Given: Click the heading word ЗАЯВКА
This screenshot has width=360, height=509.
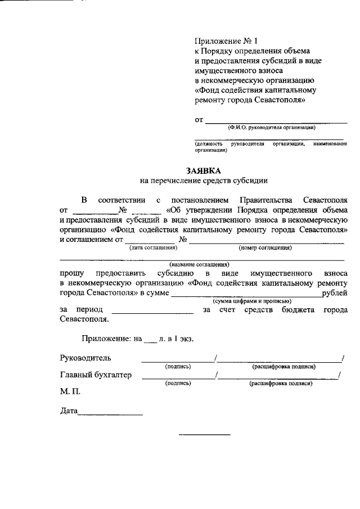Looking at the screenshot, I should pos(204,170).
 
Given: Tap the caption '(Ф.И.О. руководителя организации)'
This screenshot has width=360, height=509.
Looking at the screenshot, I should pos(272,128).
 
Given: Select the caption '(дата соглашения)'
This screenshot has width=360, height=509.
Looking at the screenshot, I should pos(150,247).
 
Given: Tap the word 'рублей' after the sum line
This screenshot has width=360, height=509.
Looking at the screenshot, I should pos(334,293).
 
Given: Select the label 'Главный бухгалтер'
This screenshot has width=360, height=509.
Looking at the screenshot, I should pos(96,375).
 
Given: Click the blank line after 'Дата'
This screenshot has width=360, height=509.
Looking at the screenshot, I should pos(110,414).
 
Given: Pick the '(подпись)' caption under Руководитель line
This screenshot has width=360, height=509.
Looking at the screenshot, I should pos(178,366).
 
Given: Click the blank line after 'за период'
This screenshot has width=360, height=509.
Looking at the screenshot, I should pos(152,312).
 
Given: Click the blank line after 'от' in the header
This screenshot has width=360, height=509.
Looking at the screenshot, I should pos(276,121).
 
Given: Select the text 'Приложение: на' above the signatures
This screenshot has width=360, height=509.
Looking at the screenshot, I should pos(111,339).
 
